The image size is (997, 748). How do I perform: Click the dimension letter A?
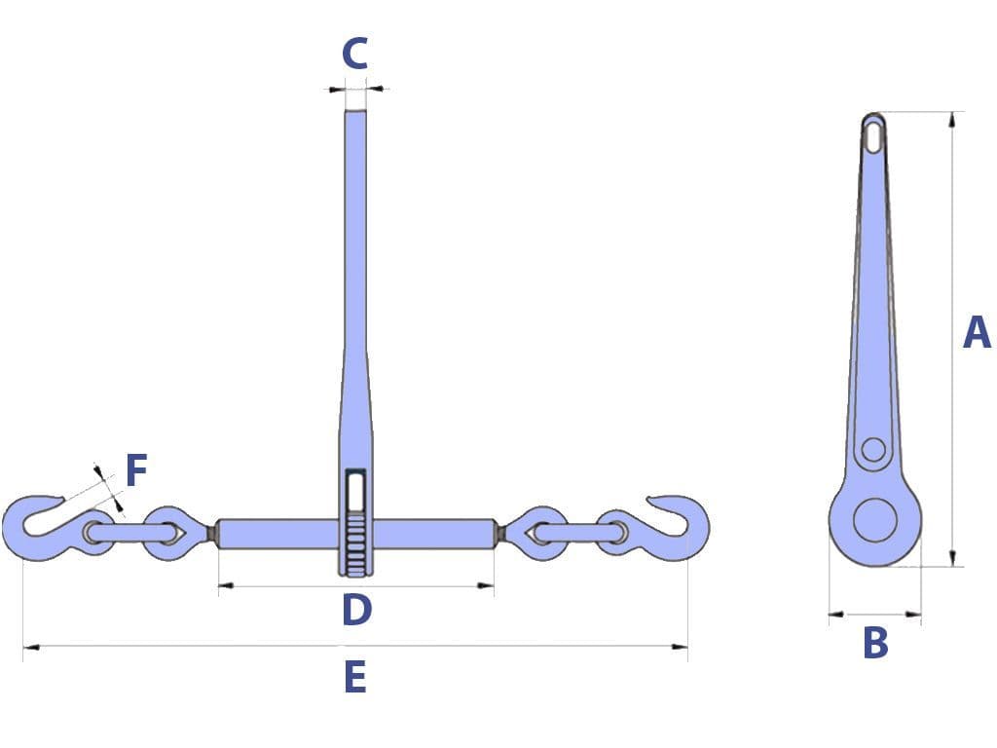coord(976,332)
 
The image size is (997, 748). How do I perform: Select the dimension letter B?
coord(875,643)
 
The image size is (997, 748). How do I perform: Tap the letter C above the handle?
coord(355,55)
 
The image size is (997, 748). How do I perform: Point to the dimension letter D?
coord(356,611)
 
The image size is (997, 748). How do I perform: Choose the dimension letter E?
coord(355,677)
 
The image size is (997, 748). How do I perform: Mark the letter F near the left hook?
coord(136,471)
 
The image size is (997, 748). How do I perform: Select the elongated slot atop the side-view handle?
coord(874,134)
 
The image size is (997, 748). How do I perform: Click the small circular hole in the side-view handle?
coord(873,449)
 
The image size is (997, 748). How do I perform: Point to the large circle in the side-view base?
coord(874,519)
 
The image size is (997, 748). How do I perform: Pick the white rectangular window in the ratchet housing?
coord(356,490)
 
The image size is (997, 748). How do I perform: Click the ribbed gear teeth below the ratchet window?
coord(356,540)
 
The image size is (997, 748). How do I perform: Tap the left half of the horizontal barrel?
coord(278,534)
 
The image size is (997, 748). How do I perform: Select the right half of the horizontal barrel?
coord(434,534)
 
